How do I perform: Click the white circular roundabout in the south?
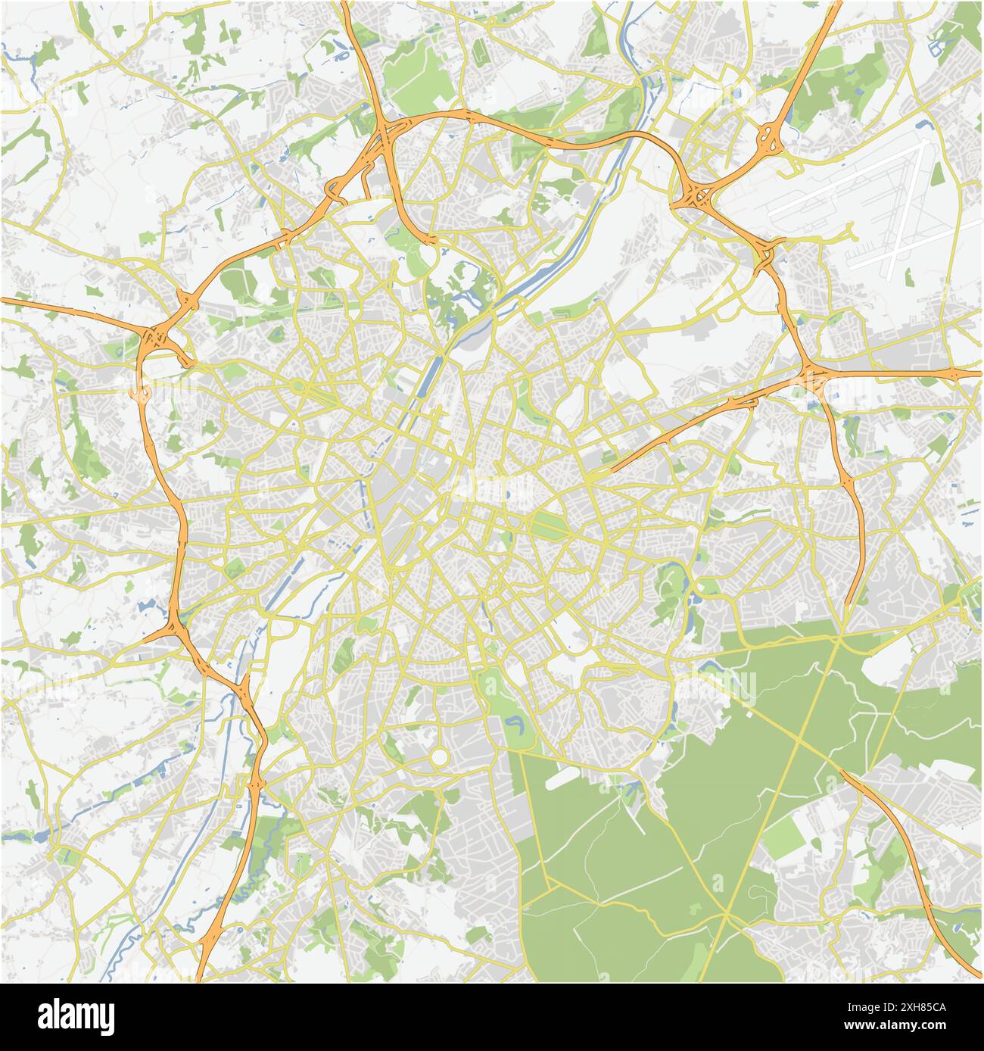pos(439,756)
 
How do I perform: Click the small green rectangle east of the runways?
pos(937,175)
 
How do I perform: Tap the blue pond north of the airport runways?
pos(922,123)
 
